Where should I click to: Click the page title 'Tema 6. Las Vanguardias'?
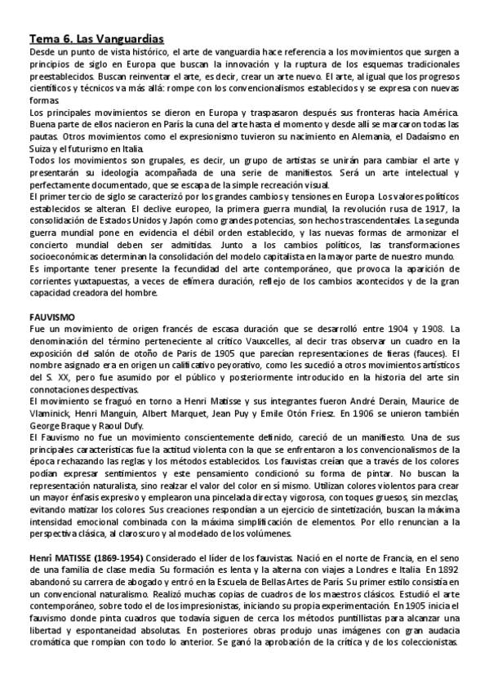(96, 38)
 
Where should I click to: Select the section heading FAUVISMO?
(51, 316)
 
